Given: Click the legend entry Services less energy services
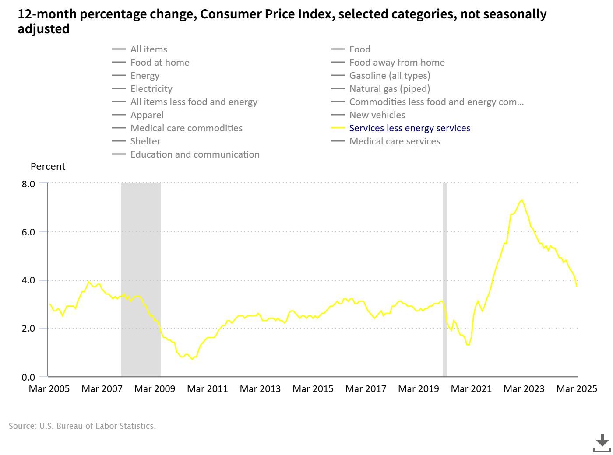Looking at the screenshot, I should [409, 128].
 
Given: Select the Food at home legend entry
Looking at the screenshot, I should [160, 63].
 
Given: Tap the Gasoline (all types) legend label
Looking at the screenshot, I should [390, 76].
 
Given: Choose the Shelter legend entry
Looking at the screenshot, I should [145, 141].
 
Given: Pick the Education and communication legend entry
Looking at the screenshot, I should [195, 154].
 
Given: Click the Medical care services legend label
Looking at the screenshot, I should [395, 141].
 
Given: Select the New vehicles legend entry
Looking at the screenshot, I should [377, 115].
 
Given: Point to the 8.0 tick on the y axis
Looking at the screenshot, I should [28, 184].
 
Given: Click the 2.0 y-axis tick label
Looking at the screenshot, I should [28, 329].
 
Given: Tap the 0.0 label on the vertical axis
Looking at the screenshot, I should [28, 377].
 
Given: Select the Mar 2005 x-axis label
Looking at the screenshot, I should [49, 389].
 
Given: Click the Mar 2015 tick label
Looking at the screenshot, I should [313, 389].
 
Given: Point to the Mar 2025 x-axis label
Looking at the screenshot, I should [577, 389].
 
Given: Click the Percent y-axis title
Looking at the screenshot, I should [48, 167].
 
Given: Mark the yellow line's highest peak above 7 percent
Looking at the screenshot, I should [521, 200].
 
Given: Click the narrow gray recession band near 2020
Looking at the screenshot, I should [445, 280].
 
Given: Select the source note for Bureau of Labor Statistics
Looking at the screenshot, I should [82, 426].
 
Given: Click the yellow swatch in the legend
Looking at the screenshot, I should [338, 128].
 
